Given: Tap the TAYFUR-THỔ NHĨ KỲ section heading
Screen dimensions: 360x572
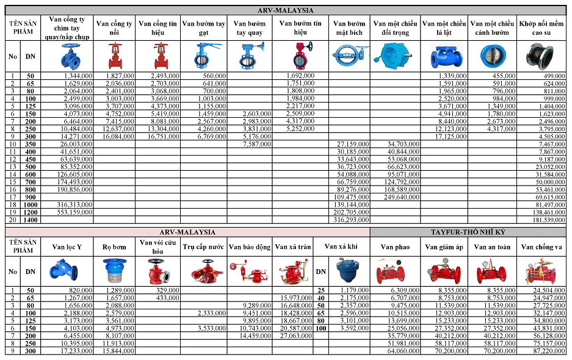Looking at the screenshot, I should point(468,232).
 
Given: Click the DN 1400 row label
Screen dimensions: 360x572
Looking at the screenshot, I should point(30,220).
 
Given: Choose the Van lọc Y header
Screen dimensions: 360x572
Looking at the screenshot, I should point(67,247).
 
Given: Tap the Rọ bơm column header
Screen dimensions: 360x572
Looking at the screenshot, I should point(114,247).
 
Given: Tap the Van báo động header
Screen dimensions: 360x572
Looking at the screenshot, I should point(250,247).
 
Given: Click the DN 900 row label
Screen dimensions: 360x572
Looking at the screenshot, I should point(30,196).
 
